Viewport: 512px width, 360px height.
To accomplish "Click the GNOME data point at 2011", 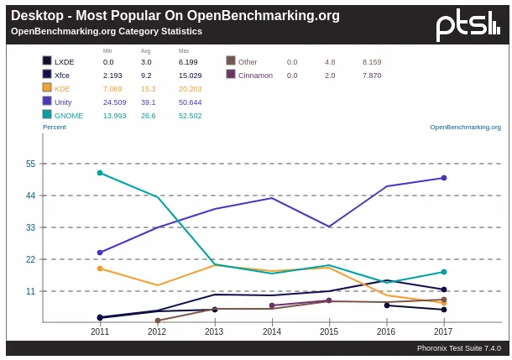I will pyautogui.click(x=100, y=173).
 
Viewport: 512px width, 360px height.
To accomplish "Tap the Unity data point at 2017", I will pyautogui.click(x=444, y=178).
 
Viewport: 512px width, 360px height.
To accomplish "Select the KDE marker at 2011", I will pyautogui.click(x=100, y=269).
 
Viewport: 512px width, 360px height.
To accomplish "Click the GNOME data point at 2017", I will pyautogui.click(x=444, y=272).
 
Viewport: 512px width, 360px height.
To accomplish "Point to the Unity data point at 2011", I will pyautogui.click(x=100, y=253).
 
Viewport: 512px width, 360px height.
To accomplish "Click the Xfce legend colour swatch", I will pyautogui.click(x=47, y=75).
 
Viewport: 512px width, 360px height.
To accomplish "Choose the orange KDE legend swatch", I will pyautogui.click(x=47, y=88).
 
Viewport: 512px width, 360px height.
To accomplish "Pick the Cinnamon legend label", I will pyautogui.click(x=255, y=75).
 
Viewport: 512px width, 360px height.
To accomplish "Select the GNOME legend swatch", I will pyautogui.click(x=47, y=115).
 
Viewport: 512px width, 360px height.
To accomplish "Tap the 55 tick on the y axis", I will pyautogui.click(x=30, y=164).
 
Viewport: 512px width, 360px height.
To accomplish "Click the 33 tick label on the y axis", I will pyautogui.click(x=30, y=227).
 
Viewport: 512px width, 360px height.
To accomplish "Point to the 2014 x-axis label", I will pyautogui.click(x=272, y=331).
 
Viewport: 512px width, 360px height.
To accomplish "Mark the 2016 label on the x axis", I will pyautogui.click(x=387, y=331).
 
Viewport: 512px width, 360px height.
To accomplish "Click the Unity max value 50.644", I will pyautogui.click(x=190, y=102).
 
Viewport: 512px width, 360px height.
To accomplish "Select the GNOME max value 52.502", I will pyautogui.click(x=190, y=115).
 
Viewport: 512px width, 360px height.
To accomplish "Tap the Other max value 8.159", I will pyautogui.click(x=372, y=61).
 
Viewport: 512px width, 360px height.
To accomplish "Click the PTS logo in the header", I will pyautogui.click(x=468, y=25).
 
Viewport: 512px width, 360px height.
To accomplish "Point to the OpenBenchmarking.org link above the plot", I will pyautogui.click(x=465, y=128).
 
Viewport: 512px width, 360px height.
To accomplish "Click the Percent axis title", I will pyautogui.click(x=54, y=128).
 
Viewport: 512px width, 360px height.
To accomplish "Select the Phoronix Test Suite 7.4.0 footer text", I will pyautogui.click(x=458, y=347).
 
